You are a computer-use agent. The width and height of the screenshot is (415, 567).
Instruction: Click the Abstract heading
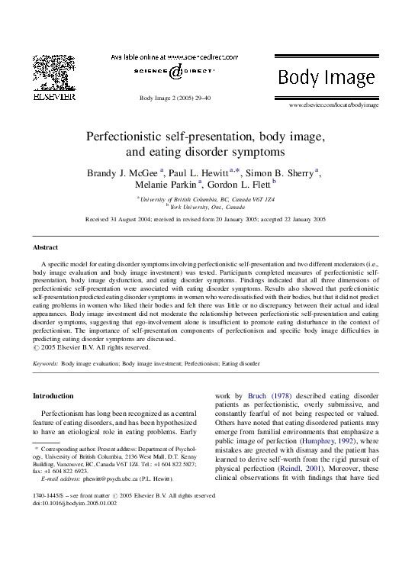(x=45, y=248)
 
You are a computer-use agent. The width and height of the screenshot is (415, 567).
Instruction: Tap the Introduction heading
(x=53, y=396)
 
